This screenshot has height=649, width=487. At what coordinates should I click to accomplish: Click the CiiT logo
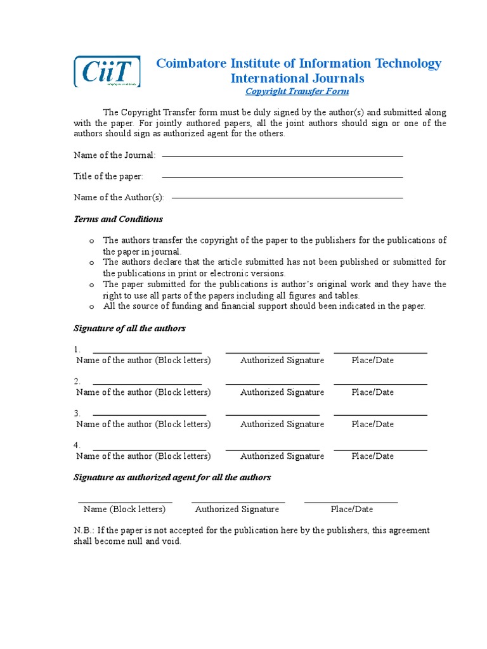tap(107, 71)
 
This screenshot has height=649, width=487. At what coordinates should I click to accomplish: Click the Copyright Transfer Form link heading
tap(297, 91)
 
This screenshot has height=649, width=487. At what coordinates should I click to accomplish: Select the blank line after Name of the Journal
tap(282, 156)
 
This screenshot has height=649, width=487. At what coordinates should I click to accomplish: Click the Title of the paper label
tap(108, 176)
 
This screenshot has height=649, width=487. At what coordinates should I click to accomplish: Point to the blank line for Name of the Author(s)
tap(287, 198)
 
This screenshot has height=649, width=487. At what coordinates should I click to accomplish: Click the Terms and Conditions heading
tap(118, 219)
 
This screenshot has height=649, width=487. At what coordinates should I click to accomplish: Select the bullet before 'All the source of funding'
tap(91, 307)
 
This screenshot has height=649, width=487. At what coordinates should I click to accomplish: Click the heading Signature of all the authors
tap(129, 328)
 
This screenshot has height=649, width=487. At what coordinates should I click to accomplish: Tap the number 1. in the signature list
tap(77, 349)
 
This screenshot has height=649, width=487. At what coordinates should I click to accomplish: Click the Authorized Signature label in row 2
tap(282, 392)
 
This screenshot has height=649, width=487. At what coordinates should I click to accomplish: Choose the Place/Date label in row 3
tap(372, 424)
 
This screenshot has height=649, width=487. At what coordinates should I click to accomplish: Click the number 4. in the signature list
tap(77, 446)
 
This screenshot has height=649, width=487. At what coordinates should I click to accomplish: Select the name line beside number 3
tap(150, 415)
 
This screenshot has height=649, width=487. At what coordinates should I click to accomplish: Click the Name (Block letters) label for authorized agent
tap(124, 509)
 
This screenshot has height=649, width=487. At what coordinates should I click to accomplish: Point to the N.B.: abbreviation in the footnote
tap(84, 530)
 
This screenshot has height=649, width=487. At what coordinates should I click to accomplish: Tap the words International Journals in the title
tap(297, 79)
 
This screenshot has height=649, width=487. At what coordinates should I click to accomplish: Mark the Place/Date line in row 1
tap(380, 352)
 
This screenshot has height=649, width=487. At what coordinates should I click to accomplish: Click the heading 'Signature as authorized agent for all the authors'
tap(172, 477)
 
